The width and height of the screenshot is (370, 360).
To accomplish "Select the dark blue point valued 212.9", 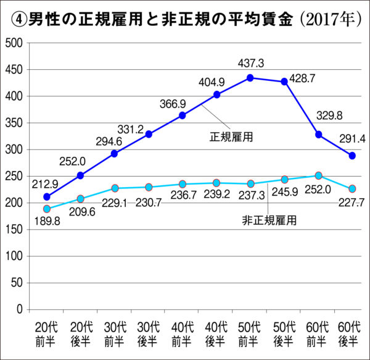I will (x=47, y=196).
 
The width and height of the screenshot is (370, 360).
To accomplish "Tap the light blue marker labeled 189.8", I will (x=47, y=209).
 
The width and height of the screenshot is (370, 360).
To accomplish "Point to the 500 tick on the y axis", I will (x=13, y=43).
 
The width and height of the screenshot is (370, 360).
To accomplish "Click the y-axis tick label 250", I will (x=13, y=176).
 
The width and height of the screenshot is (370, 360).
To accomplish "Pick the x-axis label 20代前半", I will (x=47, y=333).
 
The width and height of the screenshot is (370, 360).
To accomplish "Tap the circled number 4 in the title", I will (x=18, y=19).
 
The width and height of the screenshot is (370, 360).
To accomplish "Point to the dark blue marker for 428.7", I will (x=284, y=82).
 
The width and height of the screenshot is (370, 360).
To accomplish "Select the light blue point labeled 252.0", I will (x=318, y=176).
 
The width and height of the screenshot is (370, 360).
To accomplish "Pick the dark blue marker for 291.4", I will (x=352, y=156).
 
